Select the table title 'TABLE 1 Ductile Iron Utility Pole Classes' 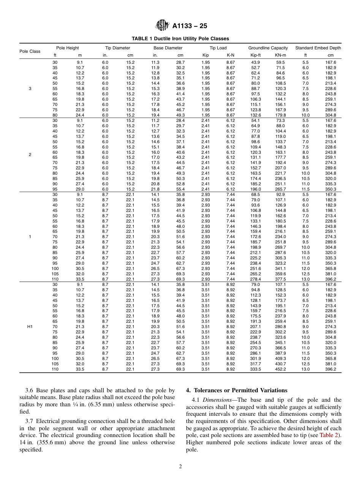180,39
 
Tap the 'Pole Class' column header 30,51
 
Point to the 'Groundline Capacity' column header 268,48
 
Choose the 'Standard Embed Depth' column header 318,48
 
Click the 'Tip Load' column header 218,48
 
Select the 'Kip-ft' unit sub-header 255,55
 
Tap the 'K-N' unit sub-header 230,55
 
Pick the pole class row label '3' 30,88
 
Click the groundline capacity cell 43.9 255,62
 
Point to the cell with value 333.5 255,369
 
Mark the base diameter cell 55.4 180,189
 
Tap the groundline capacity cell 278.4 255,279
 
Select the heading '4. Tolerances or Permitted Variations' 236,390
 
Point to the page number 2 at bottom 180,467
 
